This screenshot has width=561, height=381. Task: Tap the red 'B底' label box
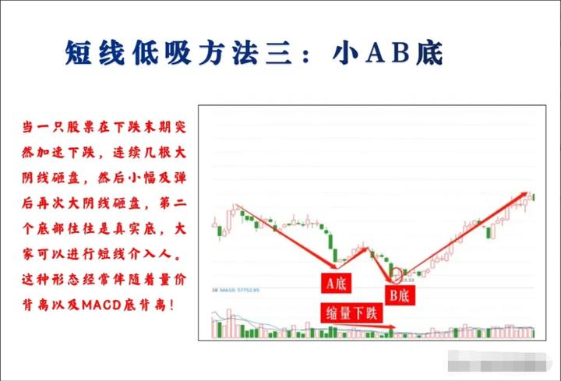point(401,294)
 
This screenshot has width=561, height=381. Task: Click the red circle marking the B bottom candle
point(397,274)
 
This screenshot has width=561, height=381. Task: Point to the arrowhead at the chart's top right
point(527,194)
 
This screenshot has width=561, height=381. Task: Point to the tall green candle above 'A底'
point(332,245)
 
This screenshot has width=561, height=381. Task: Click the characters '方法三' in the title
point(245,54)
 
